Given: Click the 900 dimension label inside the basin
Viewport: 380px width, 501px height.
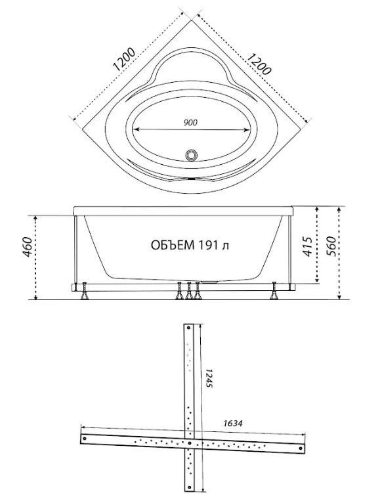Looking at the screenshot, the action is tap(190, 122).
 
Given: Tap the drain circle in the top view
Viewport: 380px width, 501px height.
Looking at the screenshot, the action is tap(192, 154).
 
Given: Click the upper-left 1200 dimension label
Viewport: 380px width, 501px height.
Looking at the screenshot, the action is tap(125, 60).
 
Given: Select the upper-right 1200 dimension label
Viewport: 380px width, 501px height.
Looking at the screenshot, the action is tap(259, 64).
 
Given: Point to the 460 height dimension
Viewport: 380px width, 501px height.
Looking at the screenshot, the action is tap(28, 247).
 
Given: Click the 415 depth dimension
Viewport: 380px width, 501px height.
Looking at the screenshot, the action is tap(307, 246).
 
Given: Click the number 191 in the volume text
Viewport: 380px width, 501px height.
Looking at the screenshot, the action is tap(209, 245).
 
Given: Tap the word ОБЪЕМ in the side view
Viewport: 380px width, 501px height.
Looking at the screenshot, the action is tap(172, 245).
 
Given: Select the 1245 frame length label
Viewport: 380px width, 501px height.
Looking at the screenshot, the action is tap(209, 378).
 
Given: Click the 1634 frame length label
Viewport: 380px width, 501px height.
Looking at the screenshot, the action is tap(233, 424).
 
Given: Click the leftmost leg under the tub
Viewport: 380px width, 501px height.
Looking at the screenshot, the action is tap(85, 292).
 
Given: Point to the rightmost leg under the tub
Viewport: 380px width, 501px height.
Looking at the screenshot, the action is tap(274, 291).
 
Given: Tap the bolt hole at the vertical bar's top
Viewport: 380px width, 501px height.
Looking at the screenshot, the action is tap(188, 328).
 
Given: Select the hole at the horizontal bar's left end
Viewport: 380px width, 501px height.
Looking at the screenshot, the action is tap(85, 439).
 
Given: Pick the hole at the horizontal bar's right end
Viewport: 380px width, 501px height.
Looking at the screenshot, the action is tap(300, 448).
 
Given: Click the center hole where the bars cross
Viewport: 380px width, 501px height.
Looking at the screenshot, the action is tap(190, 443).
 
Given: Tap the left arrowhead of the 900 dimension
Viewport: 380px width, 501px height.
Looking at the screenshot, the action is tap(136, 129).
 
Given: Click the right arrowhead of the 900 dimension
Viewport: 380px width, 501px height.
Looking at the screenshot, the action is tap(247, 130).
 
